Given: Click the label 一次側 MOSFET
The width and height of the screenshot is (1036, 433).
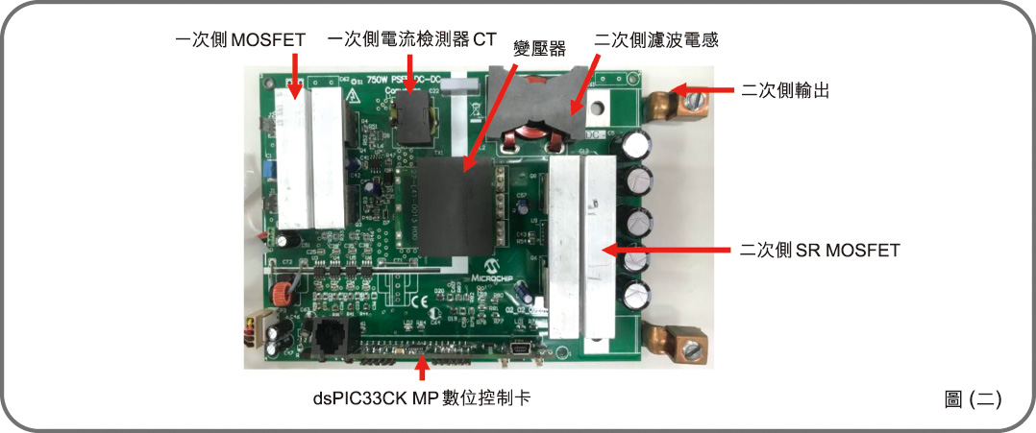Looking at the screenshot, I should point(239,40).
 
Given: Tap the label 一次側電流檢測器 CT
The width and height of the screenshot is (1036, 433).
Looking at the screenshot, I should point(412,40).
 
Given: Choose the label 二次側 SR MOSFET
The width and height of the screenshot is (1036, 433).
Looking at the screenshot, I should point(820,251).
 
